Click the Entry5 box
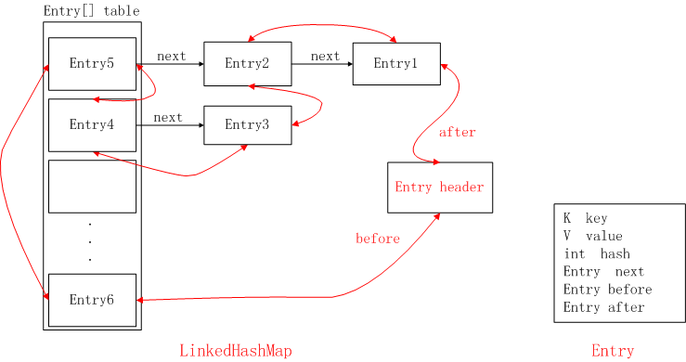[x=92, y=64]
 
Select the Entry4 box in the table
[x=92, y=124]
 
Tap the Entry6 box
[x=92, y=300]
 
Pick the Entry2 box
[x=247, y=64]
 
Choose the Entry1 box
[x=396, y=64]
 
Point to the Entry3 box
[x=247, y=125]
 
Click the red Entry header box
[x=439, y=187]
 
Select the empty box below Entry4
[x=92, y=187]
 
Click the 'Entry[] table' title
[x=91, y=11]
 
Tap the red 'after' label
[x=457, y=133]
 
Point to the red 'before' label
[x=378, y=239]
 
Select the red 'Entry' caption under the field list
[x=613, y=350]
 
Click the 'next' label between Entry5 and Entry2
[x=171, y=56]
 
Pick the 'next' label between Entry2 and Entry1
[x=325, y=56]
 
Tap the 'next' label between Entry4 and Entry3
[x=168, y=117]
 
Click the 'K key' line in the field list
[x=585, y=218]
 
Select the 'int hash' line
[x=596, y=253]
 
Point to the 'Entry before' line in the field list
[x=607, y=290]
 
